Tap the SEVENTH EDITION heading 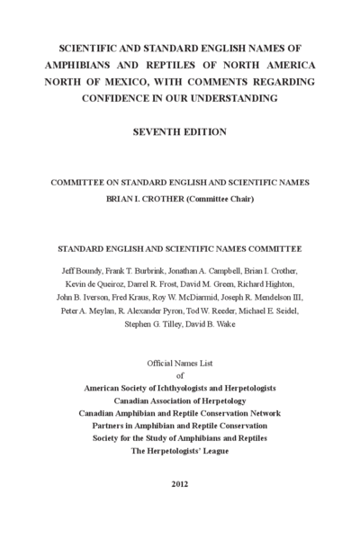tap(179, 131)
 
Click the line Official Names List tap(180, 364)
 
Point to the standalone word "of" tap(180, 375)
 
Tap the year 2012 tap(180, 483)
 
